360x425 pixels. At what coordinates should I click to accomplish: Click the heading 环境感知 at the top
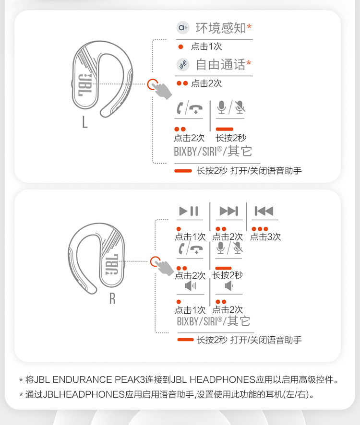point(220,28)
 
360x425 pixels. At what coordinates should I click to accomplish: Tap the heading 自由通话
point(220,64)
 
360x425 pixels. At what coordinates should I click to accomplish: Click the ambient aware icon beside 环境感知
point(183,28)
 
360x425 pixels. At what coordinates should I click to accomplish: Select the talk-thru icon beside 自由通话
point(183,64)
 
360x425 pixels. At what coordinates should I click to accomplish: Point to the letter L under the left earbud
point(85,122)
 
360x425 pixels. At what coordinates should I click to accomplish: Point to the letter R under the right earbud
point(112,298)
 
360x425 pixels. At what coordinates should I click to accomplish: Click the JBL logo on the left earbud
point(84,85)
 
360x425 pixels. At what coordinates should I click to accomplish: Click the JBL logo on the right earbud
point(112,264)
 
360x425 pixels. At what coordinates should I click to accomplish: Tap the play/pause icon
point(189,211)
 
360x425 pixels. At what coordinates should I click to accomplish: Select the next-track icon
point(228,211)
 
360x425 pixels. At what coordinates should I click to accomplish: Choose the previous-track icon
point(264,211)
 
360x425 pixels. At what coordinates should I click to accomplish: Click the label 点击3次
point(265,236)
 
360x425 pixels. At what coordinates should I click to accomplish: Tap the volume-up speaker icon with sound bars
point(191,286)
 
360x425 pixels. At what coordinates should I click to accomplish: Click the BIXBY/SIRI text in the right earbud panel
point(199,321)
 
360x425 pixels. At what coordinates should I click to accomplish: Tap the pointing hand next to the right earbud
point(165,268)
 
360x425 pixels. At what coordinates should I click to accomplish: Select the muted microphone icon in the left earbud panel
point(240,107)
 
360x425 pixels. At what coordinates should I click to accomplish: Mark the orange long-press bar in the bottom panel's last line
point(185,340)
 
